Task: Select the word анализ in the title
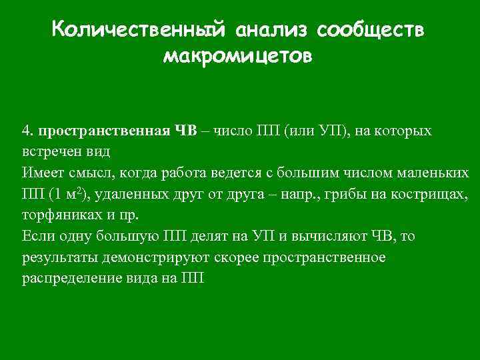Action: tap(271, 31)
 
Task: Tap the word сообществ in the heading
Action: tap(370, 31)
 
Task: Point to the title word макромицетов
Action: tap(237, 57)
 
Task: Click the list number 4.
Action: tap(26, 131)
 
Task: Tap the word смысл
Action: tap(91, 173)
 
